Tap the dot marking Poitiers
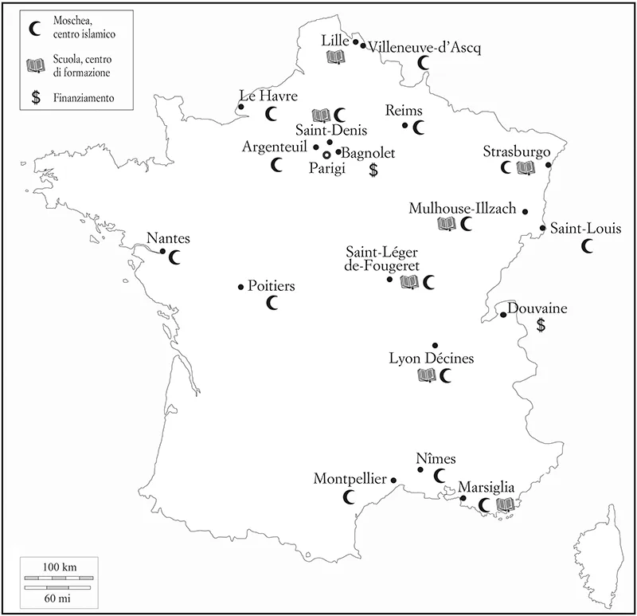point(241,287)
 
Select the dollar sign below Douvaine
point(541,325)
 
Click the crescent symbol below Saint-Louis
point(588,247)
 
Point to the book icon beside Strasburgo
point(525,167)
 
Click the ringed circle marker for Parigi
point(326,154)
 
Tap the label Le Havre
point(268,96)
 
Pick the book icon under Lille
point(335,57)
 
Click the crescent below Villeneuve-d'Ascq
point(425,61)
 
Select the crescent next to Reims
point(420,126)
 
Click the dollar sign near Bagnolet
point(373,169)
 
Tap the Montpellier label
point(350,479)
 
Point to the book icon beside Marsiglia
point(505,504)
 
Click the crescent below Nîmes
point(440,476)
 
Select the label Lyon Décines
point(431,359)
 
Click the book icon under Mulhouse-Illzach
point(447,225)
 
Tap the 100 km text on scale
point(59,565)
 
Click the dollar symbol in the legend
point(33,98)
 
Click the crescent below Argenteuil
point(277,165)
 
